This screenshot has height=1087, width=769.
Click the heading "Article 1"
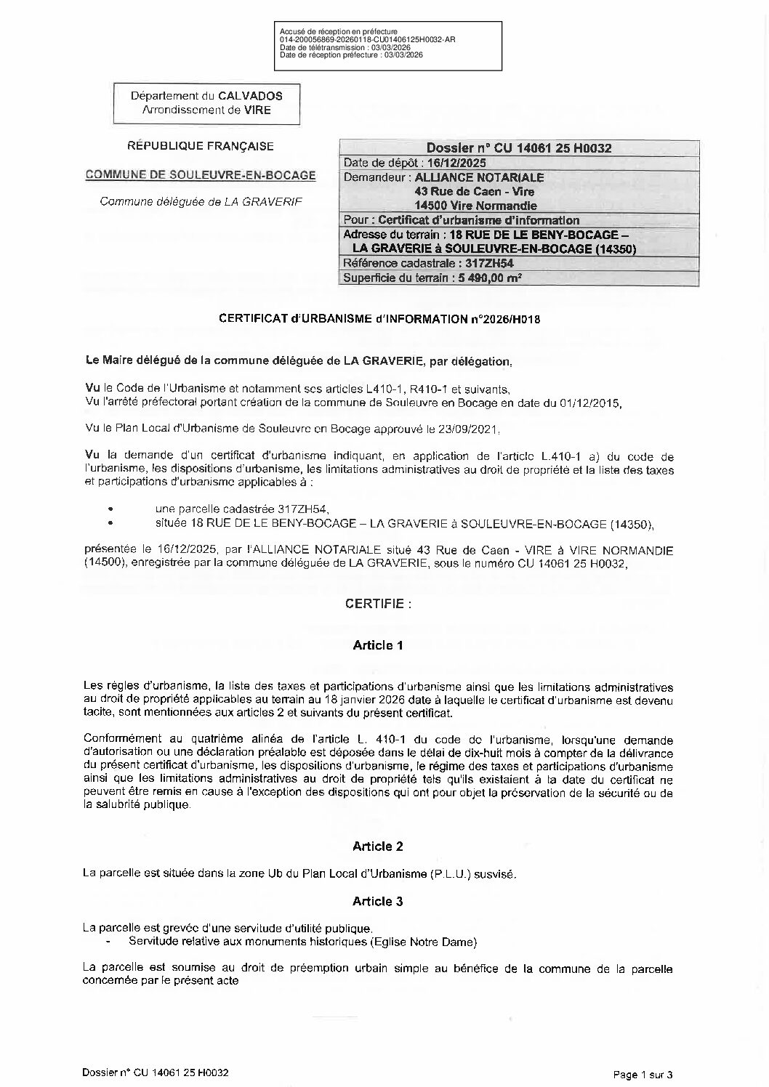tap(377, 644)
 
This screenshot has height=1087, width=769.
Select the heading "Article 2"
tap(377, 846)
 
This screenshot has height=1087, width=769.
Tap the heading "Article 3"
tap(377, 901)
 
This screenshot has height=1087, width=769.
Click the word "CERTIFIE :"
tap(378, 603)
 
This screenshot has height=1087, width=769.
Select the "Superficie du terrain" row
tap(432, 278)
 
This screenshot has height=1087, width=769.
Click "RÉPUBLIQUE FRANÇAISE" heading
tap(201, 146)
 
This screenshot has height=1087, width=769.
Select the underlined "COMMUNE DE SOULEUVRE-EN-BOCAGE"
tap(201, 175)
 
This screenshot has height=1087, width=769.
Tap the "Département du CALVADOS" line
tap(206, 96)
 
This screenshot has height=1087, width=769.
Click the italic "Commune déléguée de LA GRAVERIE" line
tap(200, 202)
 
